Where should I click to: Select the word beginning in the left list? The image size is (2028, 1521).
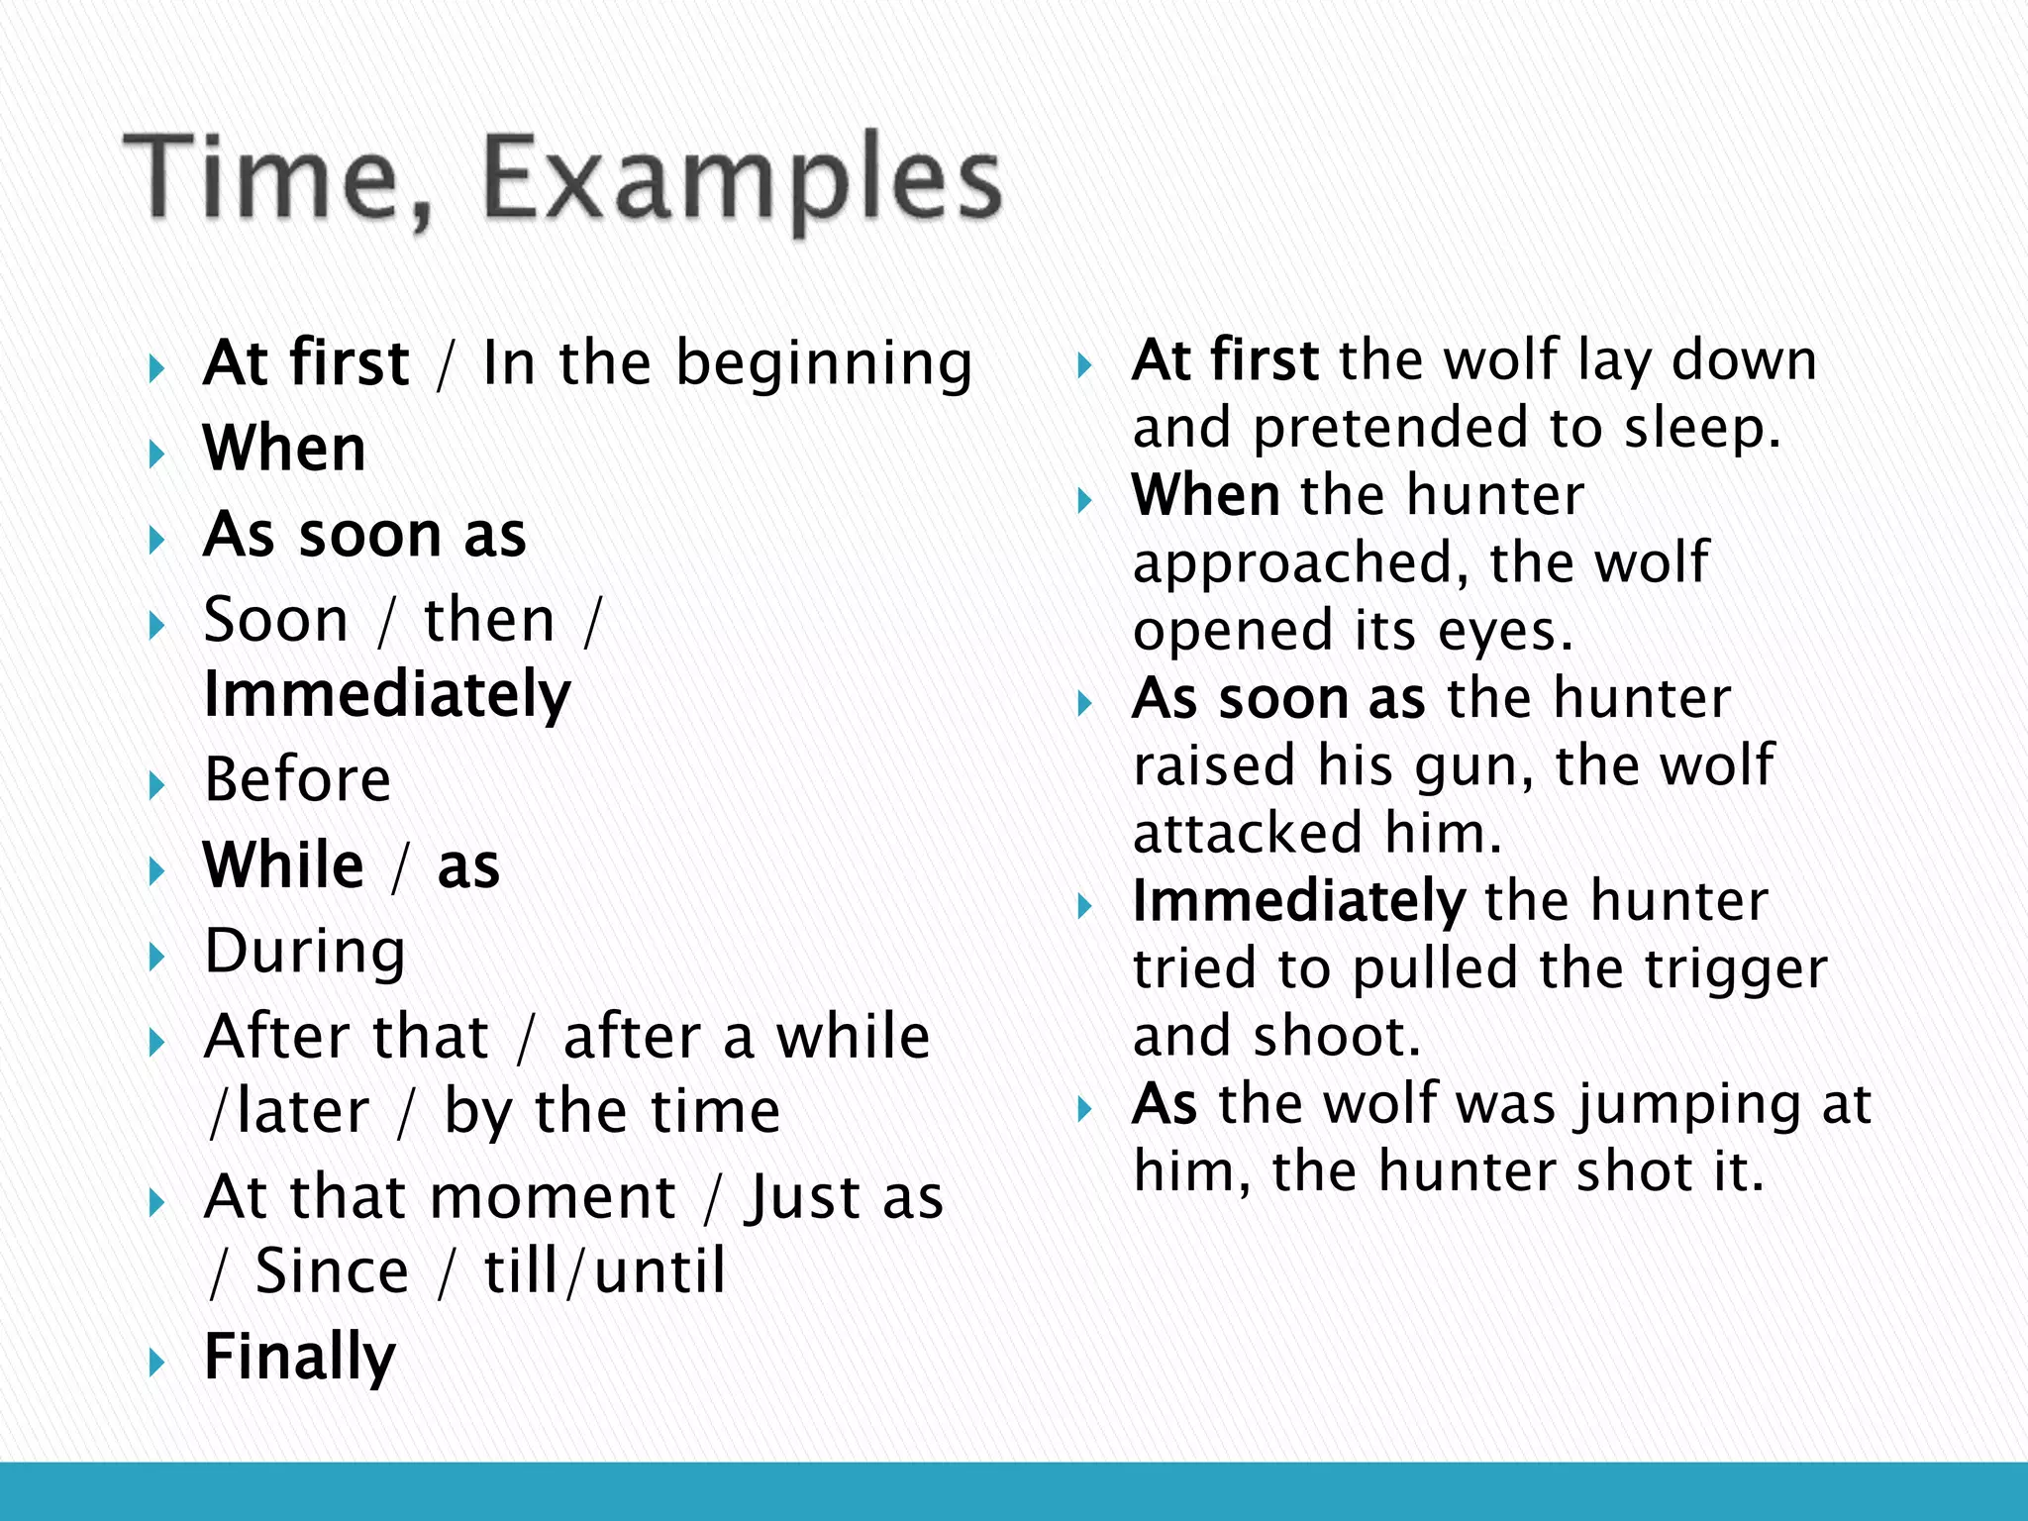point(824,364)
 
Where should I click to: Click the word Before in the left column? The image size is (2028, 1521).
point(297,779)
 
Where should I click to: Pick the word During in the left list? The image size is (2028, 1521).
point(305,952)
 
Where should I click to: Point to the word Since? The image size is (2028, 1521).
point(332,1271)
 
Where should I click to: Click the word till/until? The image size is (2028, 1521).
point(605,1271)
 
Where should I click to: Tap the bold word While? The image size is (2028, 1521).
point(284,865)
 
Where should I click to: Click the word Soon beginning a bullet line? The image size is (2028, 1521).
point(276,621)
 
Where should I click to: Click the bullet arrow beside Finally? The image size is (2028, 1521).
point(156,1363)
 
